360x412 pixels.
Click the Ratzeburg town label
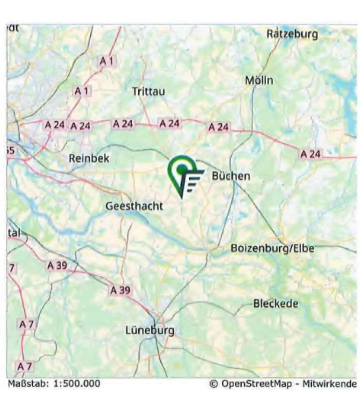292,34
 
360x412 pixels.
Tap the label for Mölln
259,80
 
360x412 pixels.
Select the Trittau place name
149,91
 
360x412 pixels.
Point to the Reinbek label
89,158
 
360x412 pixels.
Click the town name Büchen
231,176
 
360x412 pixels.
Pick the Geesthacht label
134,206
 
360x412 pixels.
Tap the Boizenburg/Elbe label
272,248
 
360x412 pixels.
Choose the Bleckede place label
276,304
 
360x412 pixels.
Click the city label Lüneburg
150,331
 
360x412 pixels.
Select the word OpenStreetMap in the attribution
258,383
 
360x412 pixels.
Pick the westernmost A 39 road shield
57,266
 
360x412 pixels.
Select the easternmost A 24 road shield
311,154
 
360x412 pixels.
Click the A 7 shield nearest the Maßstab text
26,366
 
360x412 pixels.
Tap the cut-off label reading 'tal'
13,233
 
